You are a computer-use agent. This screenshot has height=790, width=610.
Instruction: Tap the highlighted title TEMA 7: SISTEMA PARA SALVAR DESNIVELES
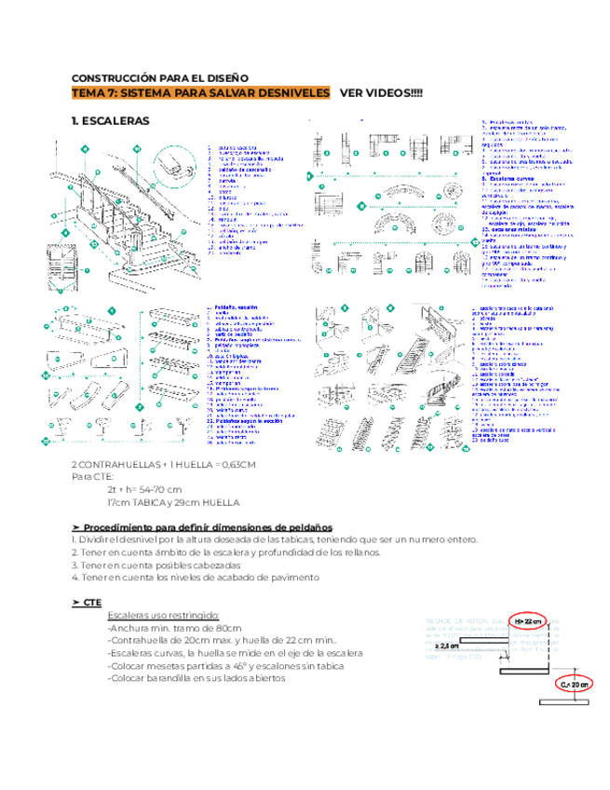[x=201, y=93]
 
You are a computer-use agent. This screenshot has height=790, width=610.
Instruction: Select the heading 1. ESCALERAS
[x=109, y=121]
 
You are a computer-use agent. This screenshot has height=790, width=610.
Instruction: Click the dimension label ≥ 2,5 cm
[x=448, y=645]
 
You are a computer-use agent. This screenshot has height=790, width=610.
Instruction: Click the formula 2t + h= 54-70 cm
[x=144, y=489]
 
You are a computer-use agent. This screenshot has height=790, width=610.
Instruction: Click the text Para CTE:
[x=92, y=476]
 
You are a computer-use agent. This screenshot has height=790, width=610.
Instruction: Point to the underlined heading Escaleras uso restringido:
[x=163, y=616]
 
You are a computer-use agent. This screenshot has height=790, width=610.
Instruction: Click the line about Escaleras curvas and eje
[x=235, y=653]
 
